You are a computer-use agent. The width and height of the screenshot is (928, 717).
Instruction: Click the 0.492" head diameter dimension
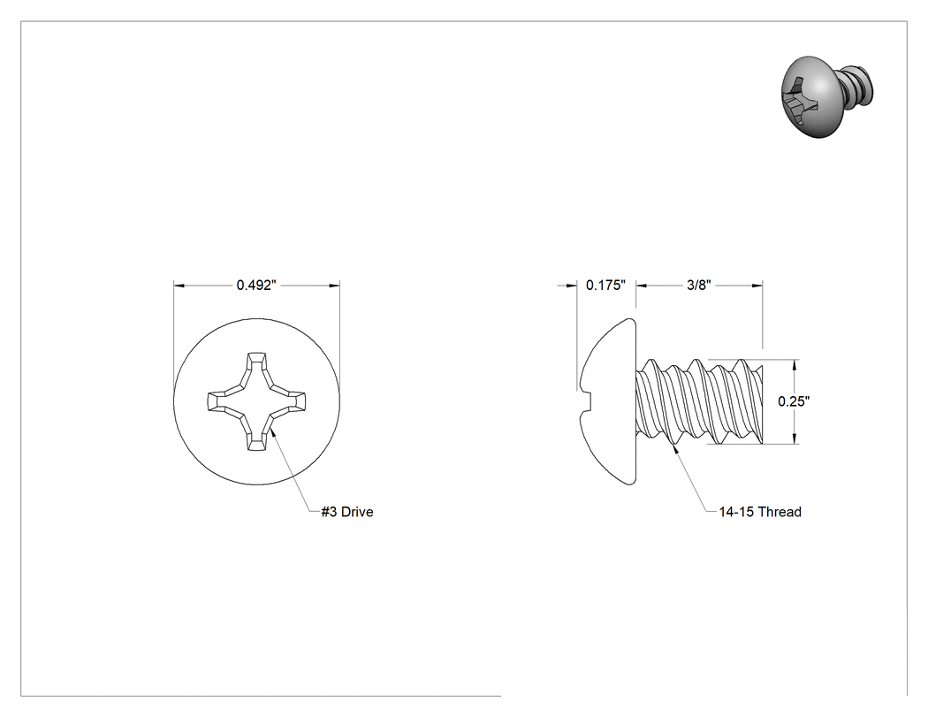256,286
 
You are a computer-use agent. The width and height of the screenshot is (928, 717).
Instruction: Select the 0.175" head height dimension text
605,286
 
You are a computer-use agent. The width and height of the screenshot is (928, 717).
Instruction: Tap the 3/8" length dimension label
698,286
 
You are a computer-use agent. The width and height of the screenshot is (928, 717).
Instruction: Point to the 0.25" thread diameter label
794,401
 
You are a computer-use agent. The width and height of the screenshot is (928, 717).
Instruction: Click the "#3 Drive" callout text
347,512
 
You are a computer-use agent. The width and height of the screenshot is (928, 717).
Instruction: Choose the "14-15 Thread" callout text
760,512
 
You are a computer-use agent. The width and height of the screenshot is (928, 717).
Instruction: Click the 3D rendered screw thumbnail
826,97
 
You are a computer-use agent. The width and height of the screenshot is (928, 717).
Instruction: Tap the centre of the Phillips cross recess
256,402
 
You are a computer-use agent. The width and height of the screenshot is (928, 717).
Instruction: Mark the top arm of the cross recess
256,367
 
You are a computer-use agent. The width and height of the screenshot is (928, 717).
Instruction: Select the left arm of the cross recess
222,402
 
